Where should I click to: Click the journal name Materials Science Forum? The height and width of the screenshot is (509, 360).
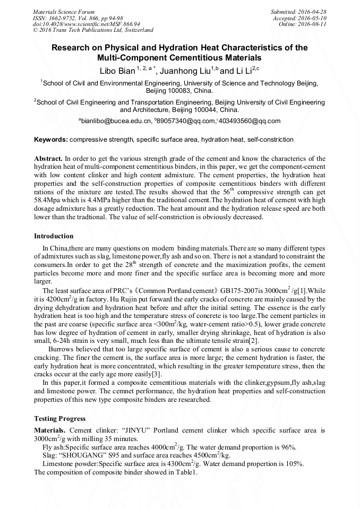pos(64,11)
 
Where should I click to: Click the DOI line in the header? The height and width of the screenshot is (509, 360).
pos(87,24)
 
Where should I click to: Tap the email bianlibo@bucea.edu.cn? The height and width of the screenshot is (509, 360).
pos(115,121)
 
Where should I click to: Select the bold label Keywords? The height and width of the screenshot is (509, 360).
pos(51,140)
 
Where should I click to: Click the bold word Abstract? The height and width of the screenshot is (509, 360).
pos(48,159)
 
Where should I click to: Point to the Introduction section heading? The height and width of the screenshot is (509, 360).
pos(54,236)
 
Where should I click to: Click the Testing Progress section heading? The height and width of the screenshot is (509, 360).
pos(59,418)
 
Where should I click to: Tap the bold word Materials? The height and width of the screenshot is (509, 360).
pos(50,429)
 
